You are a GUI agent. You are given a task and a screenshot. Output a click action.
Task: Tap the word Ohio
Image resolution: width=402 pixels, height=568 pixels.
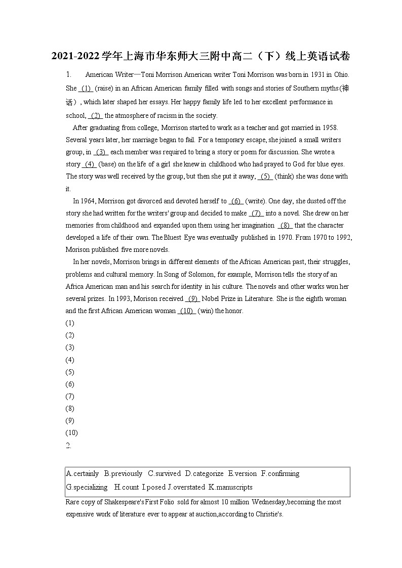point(341,74)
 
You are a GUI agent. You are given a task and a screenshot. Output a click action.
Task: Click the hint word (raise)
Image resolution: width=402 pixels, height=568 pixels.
point(104,88)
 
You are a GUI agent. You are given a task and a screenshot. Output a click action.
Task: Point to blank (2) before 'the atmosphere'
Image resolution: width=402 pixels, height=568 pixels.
point(96,115)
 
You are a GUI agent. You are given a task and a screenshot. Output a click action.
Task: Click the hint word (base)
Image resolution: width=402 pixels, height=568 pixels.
point(107,164)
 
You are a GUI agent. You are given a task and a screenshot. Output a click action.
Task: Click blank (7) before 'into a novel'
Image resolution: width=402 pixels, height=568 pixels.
point(256,213)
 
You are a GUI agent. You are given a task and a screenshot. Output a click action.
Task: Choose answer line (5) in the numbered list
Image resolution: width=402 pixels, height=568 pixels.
point(70,372)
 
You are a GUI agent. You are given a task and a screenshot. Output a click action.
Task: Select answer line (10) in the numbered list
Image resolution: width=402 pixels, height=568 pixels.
point(71,432)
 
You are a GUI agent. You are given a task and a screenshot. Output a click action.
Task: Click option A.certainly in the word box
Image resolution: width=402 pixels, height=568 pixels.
point(83,473)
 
